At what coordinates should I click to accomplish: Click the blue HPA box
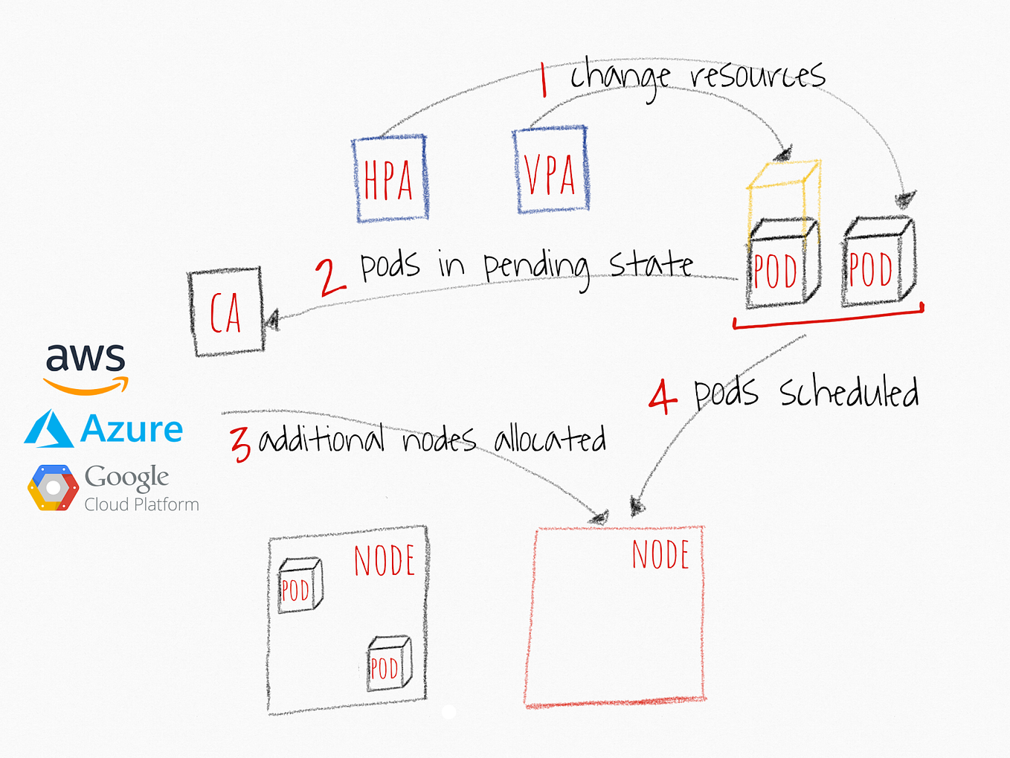click(390, 179)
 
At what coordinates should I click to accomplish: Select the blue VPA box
click(550, 171)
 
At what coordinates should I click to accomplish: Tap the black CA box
click(226, 312)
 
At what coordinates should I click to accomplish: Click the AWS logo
click(86, 367)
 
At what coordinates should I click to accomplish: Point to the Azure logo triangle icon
click(49, 429)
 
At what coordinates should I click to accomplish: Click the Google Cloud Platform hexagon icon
click(53, 488)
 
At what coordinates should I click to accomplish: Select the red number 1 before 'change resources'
click(544, 80)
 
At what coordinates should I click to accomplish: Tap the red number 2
click(329, 277)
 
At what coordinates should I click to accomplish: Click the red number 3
click(240, 444)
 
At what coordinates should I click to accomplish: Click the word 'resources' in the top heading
click(757, 75)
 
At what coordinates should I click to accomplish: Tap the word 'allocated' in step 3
click(550, 439)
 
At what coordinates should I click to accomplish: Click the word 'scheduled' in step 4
click(849, 393)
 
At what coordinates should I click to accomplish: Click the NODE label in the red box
click(660, 555)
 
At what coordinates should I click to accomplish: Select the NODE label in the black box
click(384, 561)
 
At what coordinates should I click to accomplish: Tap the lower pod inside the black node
click(388, 664)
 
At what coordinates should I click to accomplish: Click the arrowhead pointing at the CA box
click(271, 321)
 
